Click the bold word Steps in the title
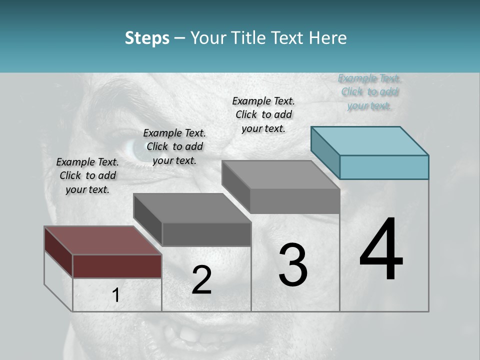coord(147,38)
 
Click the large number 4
coord(381,250)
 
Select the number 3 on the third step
coord(293,265)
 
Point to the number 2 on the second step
coord(201,280)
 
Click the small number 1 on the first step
coord(116,295)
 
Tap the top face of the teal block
coord(370,140)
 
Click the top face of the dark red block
coord(102,240)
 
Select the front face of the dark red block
coord(117,266)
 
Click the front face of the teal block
coord(384,167)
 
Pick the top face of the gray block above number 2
coord(192,207)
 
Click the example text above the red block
coord(87,175)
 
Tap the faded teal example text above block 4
coord(369,91)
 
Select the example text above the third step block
coord(263,114)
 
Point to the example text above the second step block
coord(174,146)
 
